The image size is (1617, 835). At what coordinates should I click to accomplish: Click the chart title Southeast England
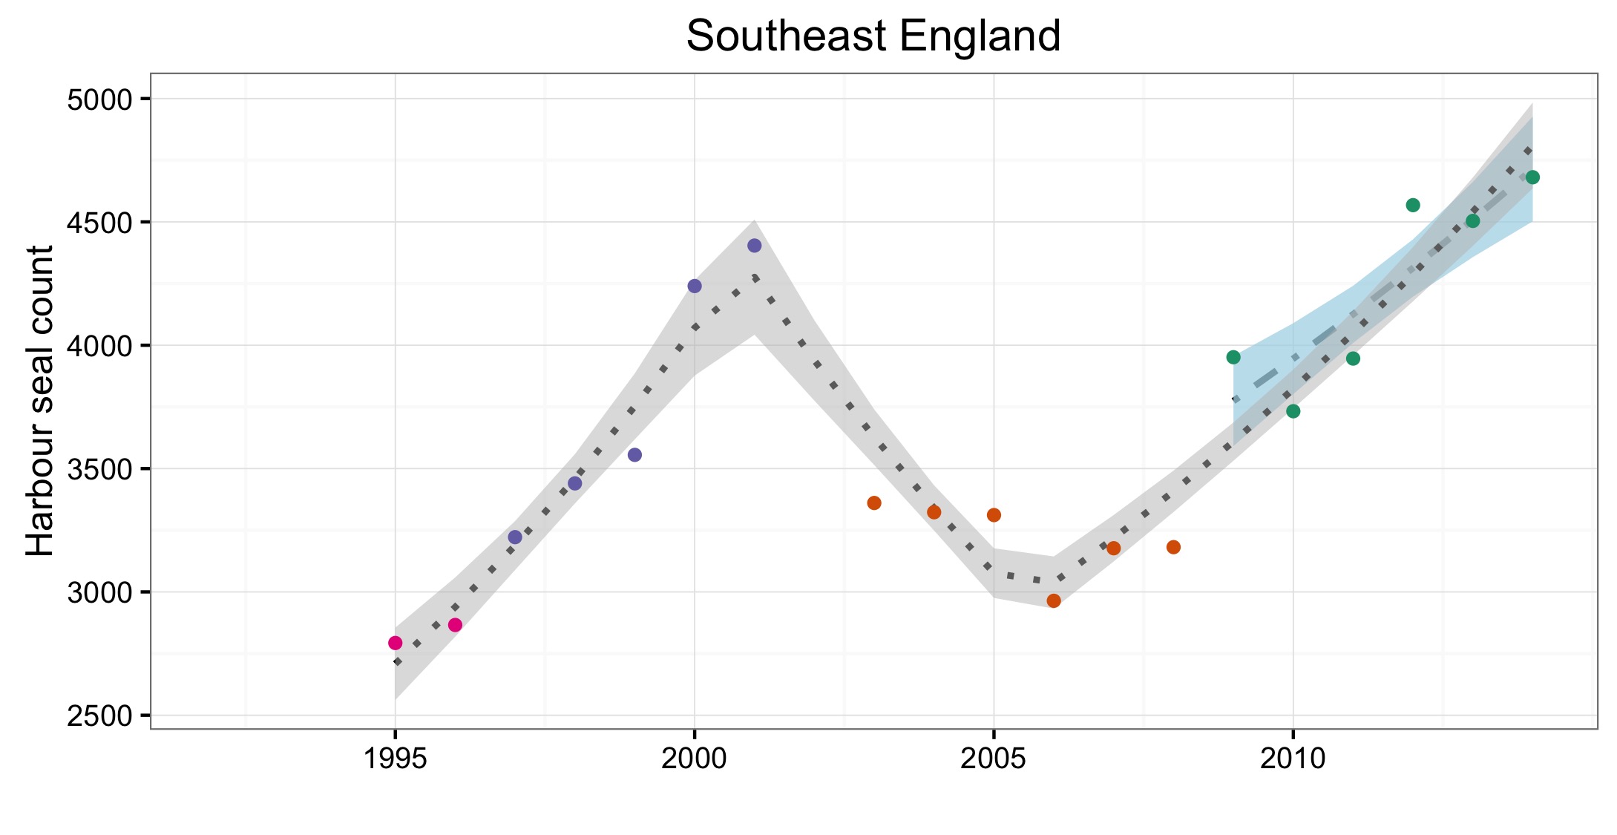click(873, 36)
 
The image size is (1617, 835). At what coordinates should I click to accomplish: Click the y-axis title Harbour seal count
click(41, 401)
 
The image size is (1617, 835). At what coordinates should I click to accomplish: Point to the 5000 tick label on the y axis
click(99, 99)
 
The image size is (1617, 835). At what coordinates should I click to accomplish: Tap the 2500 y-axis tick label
click(99, 716)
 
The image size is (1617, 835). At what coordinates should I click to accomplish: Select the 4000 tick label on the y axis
click(99, 346)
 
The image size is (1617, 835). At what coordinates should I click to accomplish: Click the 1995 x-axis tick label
click(395, 759)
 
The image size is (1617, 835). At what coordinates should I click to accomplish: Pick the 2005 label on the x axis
click(993, 759)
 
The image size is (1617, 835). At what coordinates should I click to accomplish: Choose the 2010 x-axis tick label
click(1293, 759)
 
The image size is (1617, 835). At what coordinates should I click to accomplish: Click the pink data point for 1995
click(396, 643)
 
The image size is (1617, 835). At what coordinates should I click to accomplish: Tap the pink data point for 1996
click(455, 625)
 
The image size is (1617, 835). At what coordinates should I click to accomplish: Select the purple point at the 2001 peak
click(755, 246)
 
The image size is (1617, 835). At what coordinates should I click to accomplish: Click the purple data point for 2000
click(695, 286)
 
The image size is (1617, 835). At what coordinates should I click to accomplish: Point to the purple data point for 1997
click(515, 537)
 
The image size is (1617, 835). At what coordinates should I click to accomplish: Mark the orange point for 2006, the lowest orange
click(1054, 600)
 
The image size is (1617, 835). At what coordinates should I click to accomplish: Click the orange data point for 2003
click(874, 503)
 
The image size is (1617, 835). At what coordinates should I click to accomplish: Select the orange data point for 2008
click(1173, 547)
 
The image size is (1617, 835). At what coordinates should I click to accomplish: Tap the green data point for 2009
click(1233, 358)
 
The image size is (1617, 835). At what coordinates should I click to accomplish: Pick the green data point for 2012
click(1413, 205)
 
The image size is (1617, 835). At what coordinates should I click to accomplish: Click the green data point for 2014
click(1533, 177)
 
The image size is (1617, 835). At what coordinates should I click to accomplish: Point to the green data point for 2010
click(1293, 411)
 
